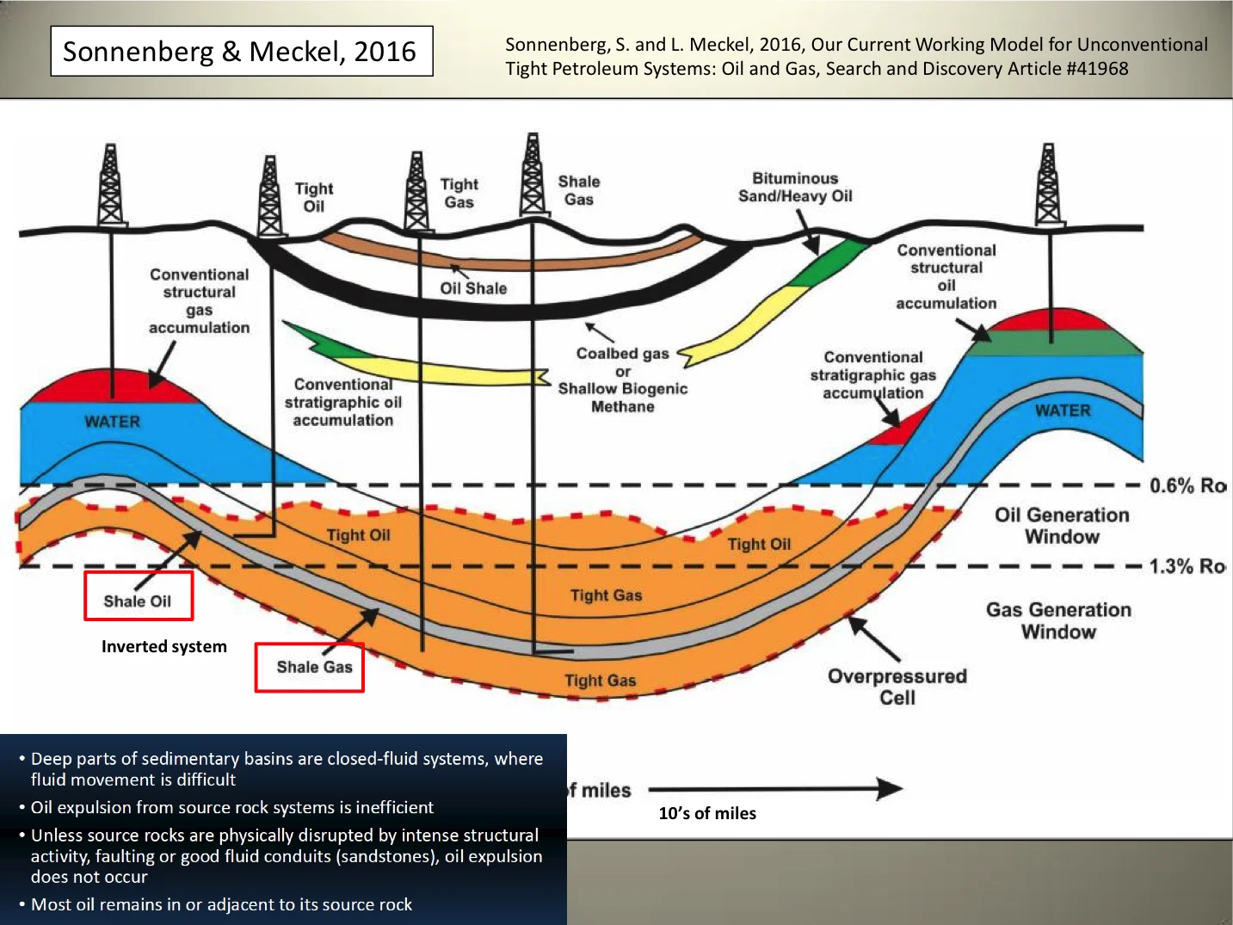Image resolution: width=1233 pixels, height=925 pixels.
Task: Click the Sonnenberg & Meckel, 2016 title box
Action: [x=241, y=52]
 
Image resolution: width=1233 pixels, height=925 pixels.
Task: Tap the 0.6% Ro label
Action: [x=1187, y=486]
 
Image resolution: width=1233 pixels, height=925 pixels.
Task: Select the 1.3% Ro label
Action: [x=1187, y=567]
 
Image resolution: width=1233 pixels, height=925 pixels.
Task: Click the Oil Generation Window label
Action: [x=1062, y=526]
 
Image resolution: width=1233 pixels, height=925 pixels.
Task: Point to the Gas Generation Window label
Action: [x=1058, y=620]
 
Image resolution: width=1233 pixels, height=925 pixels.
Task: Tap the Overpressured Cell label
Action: [x=897, y=687]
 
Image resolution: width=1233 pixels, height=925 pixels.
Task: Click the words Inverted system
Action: [x=164, y=646]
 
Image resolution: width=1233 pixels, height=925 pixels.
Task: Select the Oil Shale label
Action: [x=473, y=288]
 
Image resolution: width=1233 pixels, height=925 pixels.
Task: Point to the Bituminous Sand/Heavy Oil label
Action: [x=795, y=188]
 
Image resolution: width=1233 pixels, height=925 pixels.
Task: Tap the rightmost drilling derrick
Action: [x=1047, y=186]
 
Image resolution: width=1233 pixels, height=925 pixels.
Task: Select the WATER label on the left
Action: [x=112, y=422]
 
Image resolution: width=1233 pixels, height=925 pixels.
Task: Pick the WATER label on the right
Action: [x=1063, y=410]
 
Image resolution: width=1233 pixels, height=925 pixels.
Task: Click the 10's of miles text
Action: [x=707, y=813]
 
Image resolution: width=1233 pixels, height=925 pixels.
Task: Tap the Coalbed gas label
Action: [x=622, y=353]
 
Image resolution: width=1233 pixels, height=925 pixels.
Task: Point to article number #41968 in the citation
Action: [x=1097, y=69]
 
